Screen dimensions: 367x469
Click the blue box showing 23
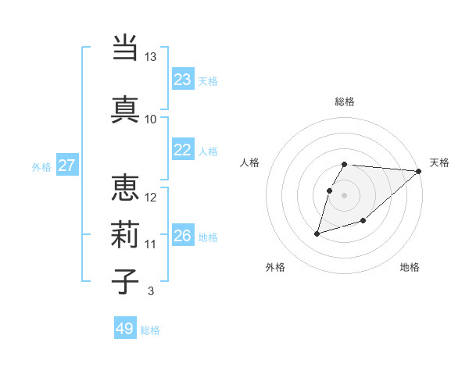[183, 80]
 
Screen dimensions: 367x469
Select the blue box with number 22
[183, 150]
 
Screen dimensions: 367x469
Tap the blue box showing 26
[183, 236]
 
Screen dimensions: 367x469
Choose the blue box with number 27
[67, 166]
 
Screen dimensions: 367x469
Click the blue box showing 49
[125, 329]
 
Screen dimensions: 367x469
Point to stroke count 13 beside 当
[150, 57]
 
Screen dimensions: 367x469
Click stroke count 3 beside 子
[150, 292]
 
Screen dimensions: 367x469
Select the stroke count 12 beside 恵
[151, 198]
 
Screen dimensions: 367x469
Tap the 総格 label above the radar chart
[345, 102]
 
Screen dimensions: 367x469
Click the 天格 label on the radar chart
[439, 162]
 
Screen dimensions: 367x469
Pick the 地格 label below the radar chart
[410, 267]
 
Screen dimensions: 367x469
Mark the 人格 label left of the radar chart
[250, 162]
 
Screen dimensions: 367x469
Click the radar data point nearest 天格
[419, 171]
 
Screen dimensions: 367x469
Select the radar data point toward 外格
[317, 233]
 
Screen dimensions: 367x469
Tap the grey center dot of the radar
[345, 195]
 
